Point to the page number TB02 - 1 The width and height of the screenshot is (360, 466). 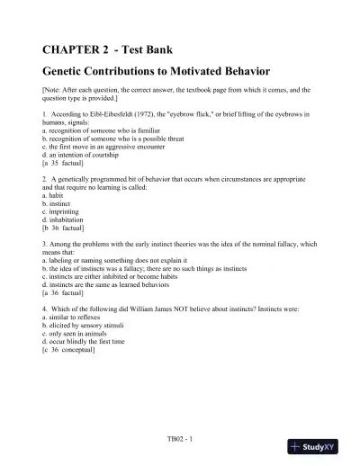pos(181,439)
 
